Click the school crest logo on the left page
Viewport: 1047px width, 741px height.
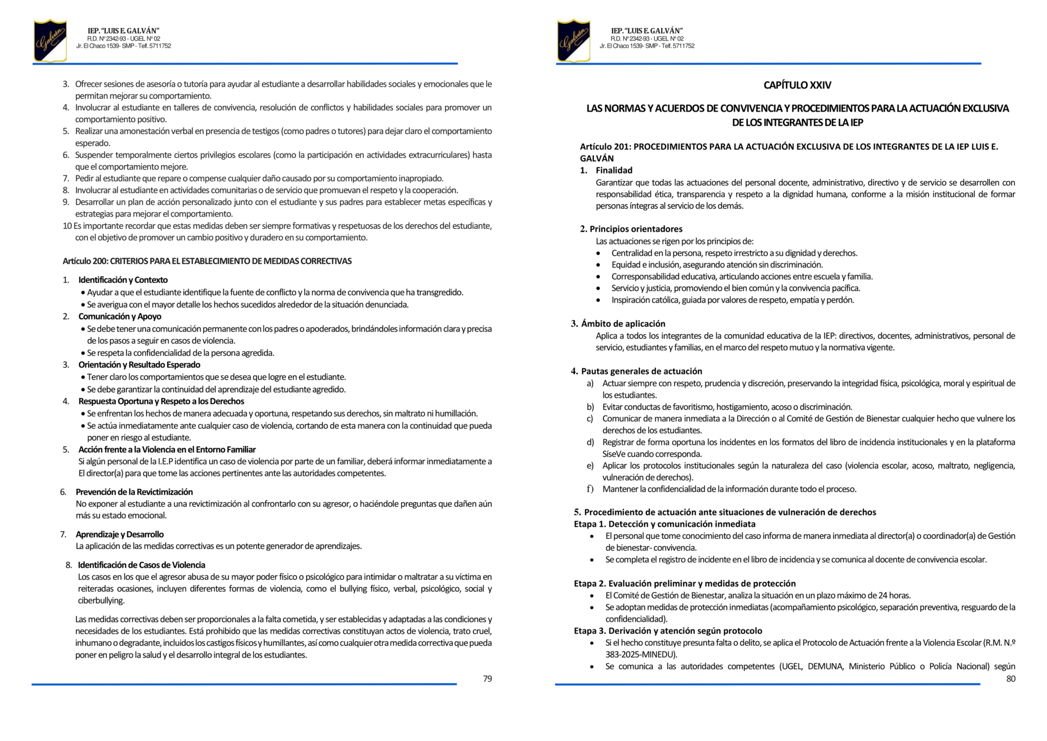click(50, 40)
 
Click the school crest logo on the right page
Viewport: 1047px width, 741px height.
click(574, 40)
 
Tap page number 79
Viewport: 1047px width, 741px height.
click(487, 679)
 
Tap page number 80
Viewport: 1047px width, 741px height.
click(1011, 679)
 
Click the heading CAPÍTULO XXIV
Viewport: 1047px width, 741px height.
click(797, 85)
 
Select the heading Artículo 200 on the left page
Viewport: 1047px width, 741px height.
click(207, 261)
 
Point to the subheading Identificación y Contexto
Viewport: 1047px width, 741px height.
click(123, 280)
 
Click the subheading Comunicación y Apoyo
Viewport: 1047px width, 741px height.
click(120, 316)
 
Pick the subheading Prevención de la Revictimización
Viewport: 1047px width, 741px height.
click(134, 492)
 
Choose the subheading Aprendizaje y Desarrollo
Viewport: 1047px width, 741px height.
click(120, 534)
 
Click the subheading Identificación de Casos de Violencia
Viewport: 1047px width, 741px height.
click(141, 565)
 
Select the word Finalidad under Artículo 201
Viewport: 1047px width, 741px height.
click(614, 170)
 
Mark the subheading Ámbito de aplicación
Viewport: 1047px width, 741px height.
click(623, 323)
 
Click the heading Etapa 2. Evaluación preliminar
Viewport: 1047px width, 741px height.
click(685, 583)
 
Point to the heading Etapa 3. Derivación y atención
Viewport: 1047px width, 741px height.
click(668, 631)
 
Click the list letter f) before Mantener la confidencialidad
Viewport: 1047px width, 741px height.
click(590, 489)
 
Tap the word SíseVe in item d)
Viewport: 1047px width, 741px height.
click(614, 454)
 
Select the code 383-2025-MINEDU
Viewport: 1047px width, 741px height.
click(641, 655)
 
